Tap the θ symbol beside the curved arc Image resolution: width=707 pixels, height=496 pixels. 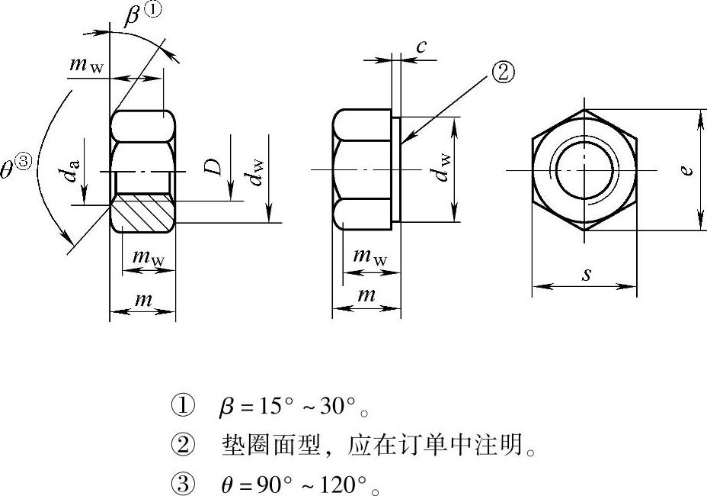[7, 171]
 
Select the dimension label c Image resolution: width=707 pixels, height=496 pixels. [421, 46]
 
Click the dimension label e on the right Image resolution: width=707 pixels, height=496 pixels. [686, 170]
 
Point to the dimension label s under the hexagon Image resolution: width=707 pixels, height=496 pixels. [586, 274]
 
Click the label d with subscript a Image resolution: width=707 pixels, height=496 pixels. [72, 170]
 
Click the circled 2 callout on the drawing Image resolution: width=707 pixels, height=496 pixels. [503, 72]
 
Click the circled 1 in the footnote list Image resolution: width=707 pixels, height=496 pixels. [183, 405]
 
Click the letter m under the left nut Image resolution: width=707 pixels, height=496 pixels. [143, 299]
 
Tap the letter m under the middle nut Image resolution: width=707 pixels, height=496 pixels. [366, 295]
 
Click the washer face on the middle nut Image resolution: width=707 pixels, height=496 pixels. [396, 169]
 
